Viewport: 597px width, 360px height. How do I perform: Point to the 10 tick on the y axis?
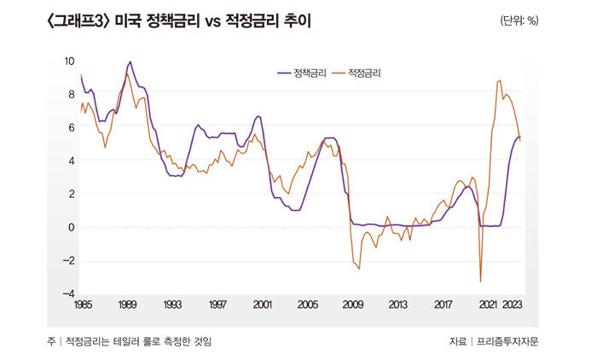tap(69, 61)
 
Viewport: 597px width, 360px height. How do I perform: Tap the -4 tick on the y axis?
tap(68, 293)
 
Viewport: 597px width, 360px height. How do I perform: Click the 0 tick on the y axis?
tap(71, 227)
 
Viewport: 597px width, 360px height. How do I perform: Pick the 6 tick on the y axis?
tap(71, 128)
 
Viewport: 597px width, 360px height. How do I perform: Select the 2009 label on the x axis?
tap(352, 305)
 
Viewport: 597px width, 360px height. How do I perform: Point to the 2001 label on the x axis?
tap(263, 305)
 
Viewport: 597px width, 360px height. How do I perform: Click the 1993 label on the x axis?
tap(172, 305)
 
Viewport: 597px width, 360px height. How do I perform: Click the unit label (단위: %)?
tap(519, 20)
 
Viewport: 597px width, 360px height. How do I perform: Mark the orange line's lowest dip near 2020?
tap(480, 282)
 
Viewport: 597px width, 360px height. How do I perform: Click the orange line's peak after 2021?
tap(500, 80)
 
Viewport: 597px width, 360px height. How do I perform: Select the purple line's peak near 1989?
tap(130, 61)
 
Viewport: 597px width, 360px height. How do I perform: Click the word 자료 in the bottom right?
tap(457, 341)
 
